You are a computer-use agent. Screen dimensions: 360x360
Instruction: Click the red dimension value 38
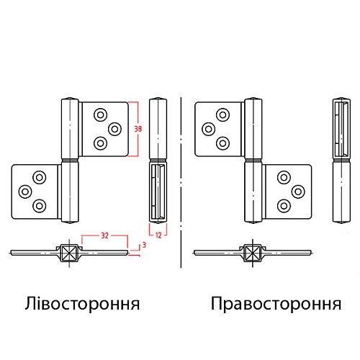tap(138, 129)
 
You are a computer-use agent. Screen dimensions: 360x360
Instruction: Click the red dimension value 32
tap(104, 235)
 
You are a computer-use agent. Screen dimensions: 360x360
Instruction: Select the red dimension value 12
tap(158, 235)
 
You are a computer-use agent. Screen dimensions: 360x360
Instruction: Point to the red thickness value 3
tap(144, 245)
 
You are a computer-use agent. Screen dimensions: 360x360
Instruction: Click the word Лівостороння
tap(82, 304)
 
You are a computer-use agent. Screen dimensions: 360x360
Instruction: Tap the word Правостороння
tap(276, 304)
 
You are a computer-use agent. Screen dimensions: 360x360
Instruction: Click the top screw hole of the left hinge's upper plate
tap(100, 114)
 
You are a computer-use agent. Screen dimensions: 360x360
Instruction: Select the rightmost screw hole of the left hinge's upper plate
tap(114, 129)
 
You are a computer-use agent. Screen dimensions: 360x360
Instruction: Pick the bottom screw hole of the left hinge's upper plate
tap(100, 143)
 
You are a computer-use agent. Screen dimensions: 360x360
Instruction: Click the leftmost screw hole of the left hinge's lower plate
tap(25, 192)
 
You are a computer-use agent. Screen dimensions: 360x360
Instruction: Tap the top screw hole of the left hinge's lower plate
tap(40, 178)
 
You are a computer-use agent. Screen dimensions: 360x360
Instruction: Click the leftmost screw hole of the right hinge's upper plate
tap(208, 129)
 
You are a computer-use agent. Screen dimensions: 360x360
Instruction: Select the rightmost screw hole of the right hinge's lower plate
tap(298, 192)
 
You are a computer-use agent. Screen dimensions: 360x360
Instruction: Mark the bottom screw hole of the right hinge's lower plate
tap(284, 206)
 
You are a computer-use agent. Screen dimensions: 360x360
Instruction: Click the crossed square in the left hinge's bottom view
tap(69, 253)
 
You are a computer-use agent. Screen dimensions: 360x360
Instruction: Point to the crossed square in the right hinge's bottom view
tap(253, 253)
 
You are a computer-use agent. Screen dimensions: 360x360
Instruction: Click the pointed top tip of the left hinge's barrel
tap(70, 98)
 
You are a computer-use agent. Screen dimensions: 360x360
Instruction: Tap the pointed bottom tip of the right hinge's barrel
tap(253, 223)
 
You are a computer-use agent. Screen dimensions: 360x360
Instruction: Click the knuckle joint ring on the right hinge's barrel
tap(253, 160)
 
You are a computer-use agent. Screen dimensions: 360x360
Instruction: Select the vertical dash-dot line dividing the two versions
tap(181, 182)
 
